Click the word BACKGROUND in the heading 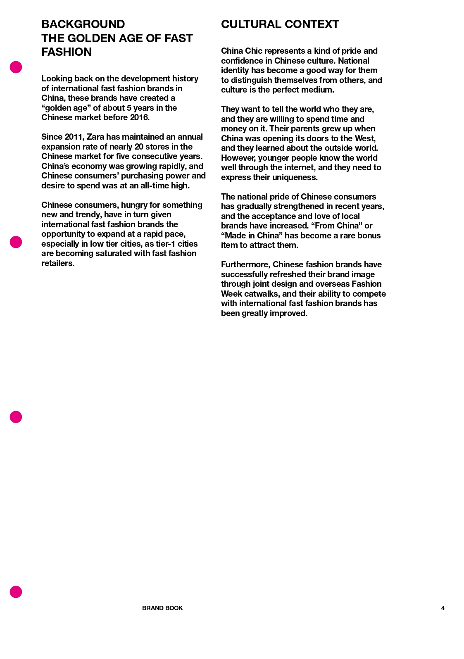tap(83, 24)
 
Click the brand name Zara tap(95, 137)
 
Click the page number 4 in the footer tap(443, 608)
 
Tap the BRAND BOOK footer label tap(162, 608)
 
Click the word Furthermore tap(245, 264)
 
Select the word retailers tap(58, 263)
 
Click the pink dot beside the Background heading tap(16, 67)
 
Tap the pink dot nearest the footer tap(16, 592)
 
